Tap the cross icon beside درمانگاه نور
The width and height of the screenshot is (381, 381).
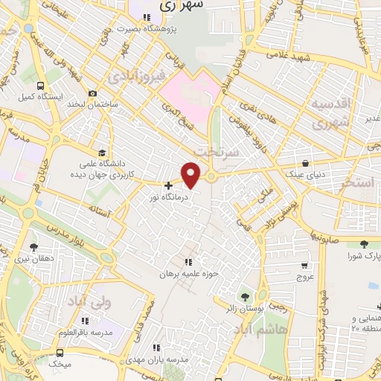(169, 185)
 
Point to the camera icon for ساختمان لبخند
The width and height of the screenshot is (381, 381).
(92, 94)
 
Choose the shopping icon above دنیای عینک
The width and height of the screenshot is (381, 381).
(306, 164)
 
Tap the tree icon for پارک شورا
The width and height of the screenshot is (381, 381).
(364, 244)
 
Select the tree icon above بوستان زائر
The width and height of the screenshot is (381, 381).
(246, 295)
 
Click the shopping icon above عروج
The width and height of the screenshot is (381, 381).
(304, 264)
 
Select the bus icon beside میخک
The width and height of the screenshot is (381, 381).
(60, 353)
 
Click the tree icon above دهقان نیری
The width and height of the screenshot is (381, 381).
(33, 246)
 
